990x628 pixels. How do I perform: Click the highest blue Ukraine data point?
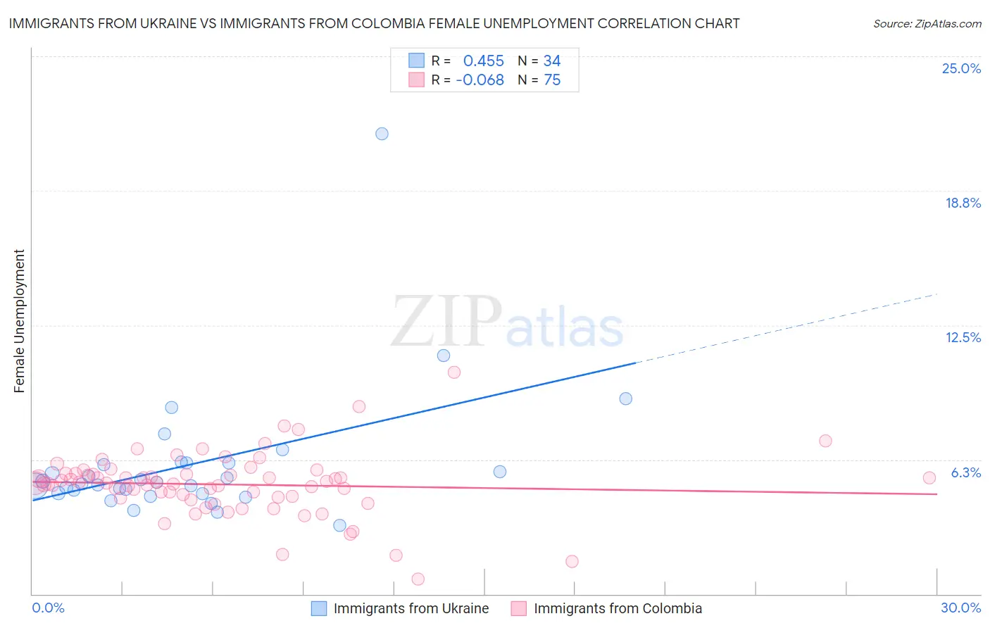(382, 134)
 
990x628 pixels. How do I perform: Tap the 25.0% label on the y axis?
(961, 68)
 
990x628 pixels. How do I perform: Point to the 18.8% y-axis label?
(963, 203)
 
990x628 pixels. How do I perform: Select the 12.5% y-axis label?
(963, 337)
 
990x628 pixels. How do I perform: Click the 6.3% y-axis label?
(965, 472)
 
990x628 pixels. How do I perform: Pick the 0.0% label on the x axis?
(48, 608)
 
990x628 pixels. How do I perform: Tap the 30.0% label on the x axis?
(960, 608)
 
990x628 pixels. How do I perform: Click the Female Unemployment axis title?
(19, 321)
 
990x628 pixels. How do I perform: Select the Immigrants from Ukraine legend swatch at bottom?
(319, 608)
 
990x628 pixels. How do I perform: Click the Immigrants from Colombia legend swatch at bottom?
(519, 608)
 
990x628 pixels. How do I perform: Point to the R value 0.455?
(483, 61)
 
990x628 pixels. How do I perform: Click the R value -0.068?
(480, 80)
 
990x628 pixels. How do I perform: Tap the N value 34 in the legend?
(552, 61)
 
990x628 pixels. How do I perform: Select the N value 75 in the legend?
(552, 80)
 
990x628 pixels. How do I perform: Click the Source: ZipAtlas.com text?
(927, 23)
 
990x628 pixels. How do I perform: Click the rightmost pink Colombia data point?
(929, 477)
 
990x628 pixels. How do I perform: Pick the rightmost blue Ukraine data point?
(625, 398)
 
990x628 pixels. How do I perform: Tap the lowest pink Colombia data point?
(418, 579)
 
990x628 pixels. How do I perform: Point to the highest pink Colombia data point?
(454, 372)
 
